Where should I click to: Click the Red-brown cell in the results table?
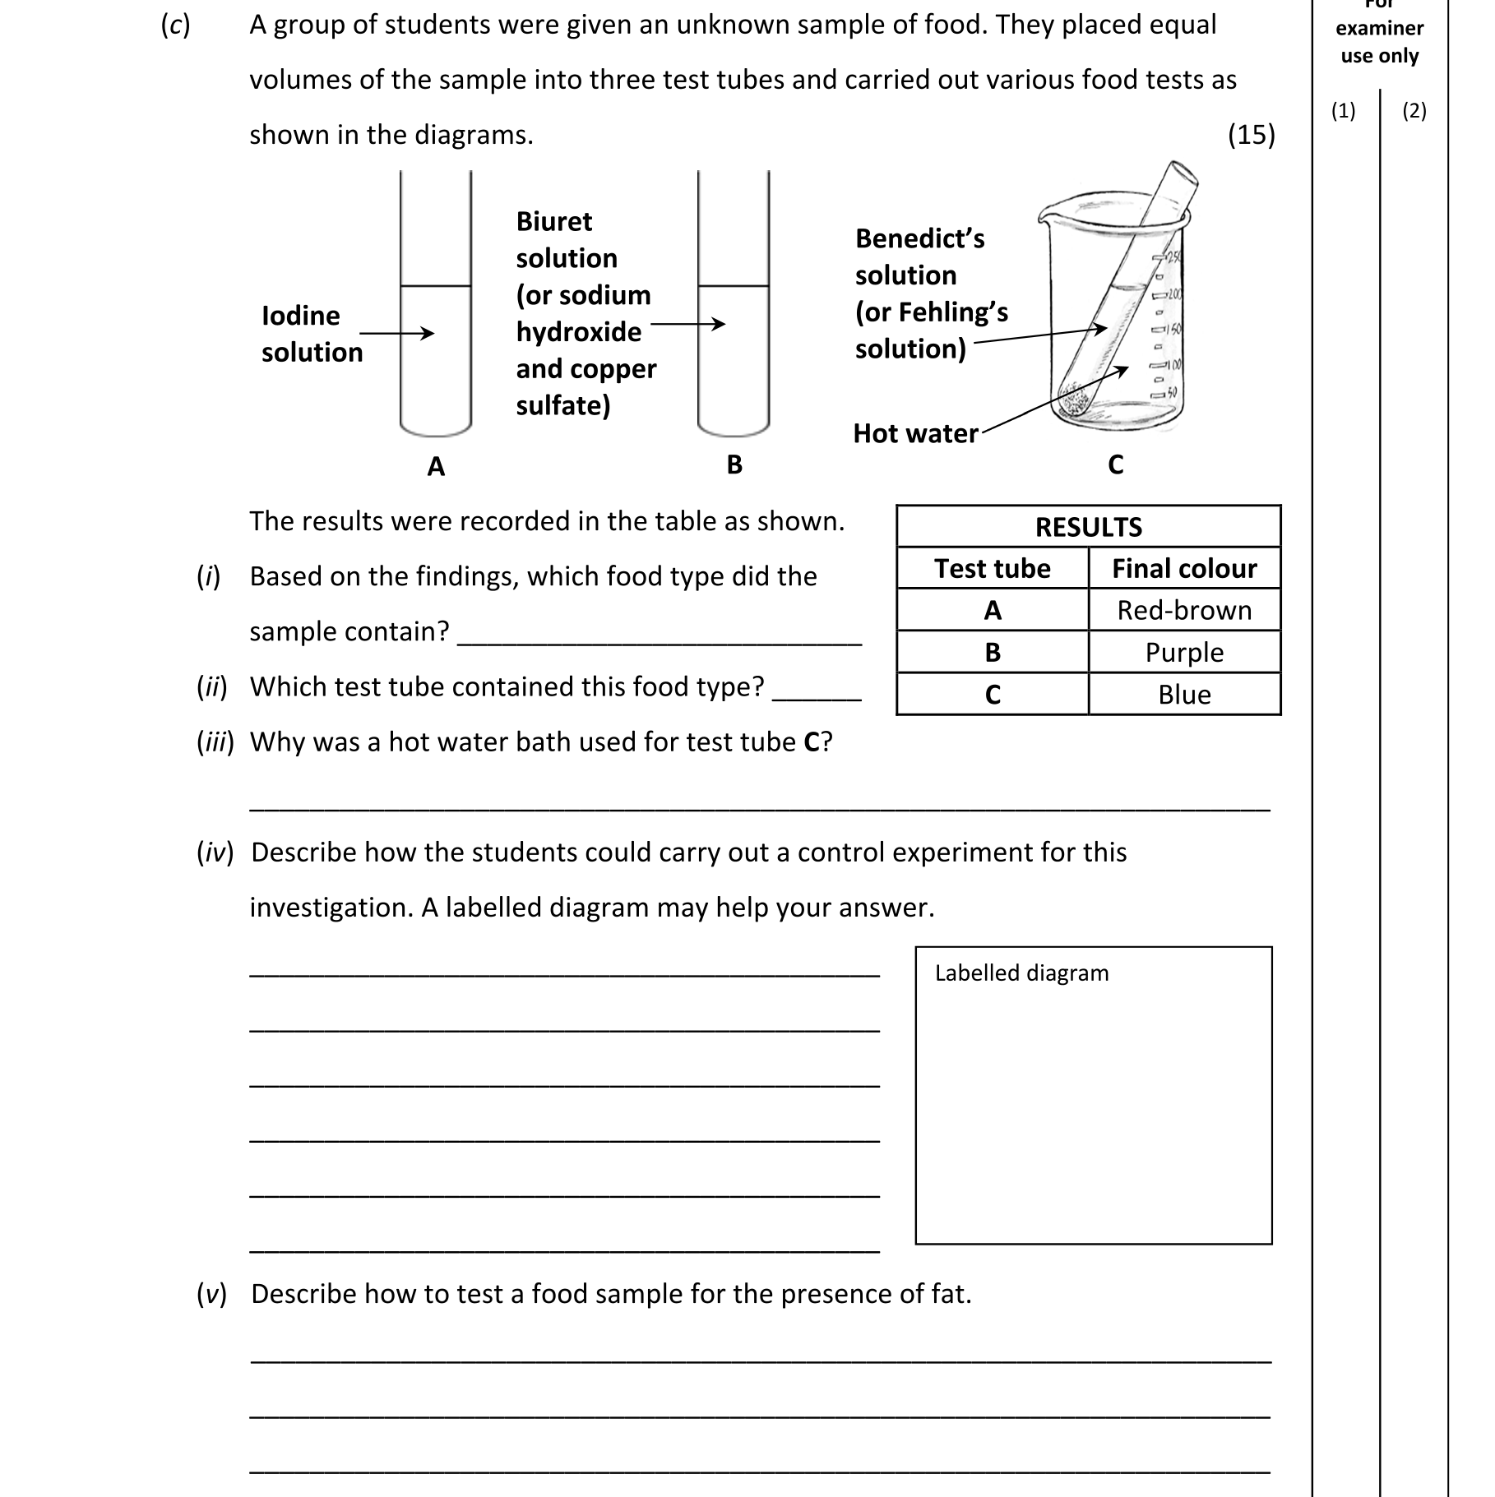pyautogui.click(x=1183, y=611)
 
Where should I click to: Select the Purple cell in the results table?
pyautogui.click(x=1183, y=653)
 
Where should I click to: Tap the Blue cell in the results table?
pyautogui.click(x=1183, y=695)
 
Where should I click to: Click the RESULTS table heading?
pyautogui.click(x=1088, y=527)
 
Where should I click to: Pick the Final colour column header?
pyautogui.click(x=1183, y=569)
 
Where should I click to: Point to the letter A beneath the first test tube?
pyautogui.click(x=436, y=467)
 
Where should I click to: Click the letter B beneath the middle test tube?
pyautogui.click(x=734, y=465)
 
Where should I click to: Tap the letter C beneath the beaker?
pyautogui.click(x=1115, y=465)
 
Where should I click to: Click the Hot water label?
pyautogui.click(x=915, y=434)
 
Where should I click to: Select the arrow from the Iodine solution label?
pyautogui.click(x=396, y=333)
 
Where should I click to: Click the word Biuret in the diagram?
pyautogui.click(x=553, y=222)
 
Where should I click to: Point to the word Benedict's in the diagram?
pyautogui.click(x=919, y=239)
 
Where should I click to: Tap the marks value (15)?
pyautogui.click(x=1251, y=135)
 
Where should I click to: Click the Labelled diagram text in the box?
pyautogui.click(x=1021, y=973)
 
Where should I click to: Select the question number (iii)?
pyautogui.click(x=215, y=742)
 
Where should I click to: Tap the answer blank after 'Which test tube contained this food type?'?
pyautogui.click(x=817, y=695)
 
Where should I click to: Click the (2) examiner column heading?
pyautogui.click(x=1414, y=111)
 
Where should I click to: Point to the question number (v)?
pyautogui.click(x=211, y=1294)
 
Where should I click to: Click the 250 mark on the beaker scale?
pyautogui.click(x=1171, y=258)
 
